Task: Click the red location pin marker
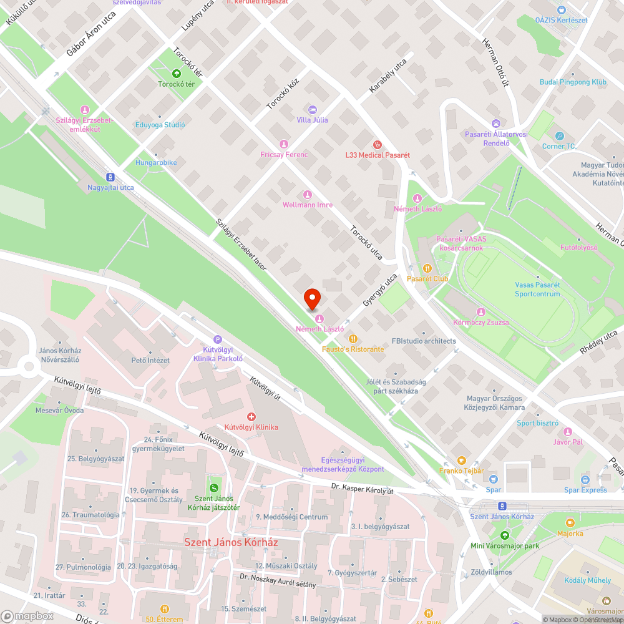coord(311,300)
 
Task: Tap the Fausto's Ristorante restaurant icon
coord(353,339)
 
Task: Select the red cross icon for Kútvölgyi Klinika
coord(251,416)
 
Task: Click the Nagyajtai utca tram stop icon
coord(110,177)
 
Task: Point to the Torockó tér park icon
coord(177,74)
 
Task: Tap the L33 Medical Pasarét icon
coord(376,144)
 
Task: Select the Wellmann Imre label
coord(307,205)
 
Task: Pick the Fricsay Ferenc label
coord(284,154)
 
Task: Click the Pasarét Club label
coord(427,278)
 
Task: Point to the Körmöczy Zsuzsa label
coord(480,323)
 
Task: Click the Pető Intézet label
coord(150,360)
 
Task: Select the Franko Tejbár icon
coord(461,461)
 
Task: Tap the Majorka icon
coord(570,523)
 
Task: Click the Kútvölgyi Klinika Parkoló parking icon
coord(217,338)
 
